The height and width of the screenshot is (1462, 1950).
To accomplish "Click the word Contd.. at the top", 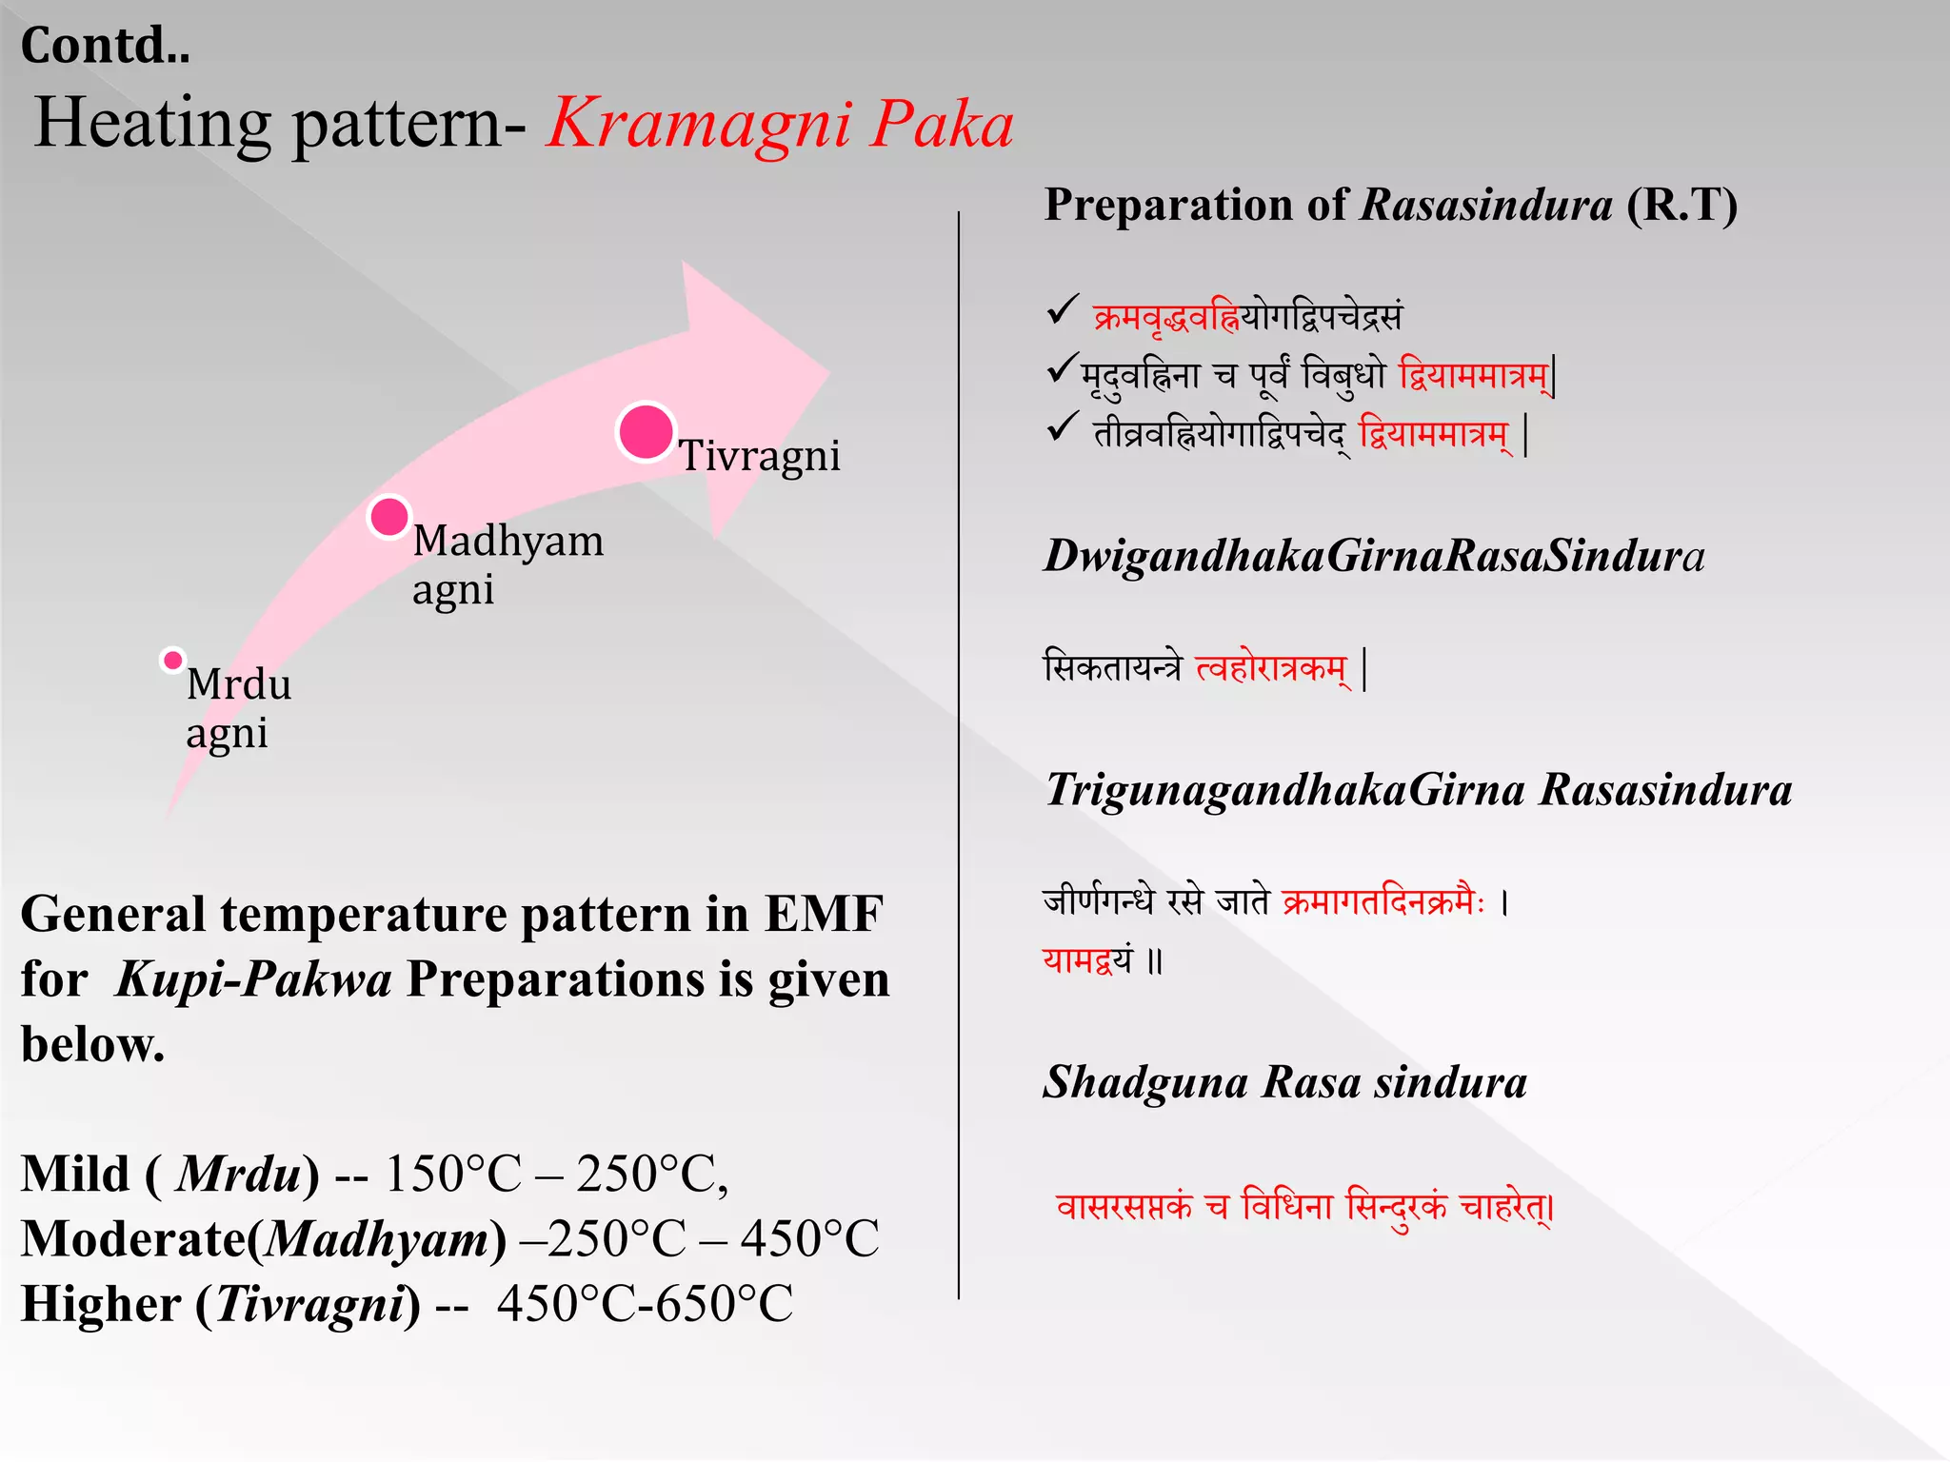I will pos(106,45).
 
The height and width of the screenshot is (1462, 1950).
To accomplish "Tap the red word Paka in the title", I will pos(943,124).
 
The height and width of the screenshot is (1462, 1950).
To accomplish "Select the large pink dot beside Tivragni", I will pos(646,432).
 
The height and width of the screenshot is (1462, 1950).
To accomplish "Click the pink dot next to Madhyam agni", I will pos(388,517).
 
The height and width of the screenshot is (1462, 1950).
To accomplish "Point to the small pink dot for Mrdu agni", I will pos(172,660).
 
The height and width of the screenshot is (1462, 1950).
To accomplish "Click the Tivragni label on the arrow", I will pos(759,455).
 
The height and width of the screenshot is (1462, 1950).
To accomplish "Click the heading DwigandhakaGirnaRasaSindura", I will pos(1373,556).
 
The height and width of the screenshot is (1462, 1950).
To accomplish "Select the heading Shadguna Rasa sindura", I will pos(1284,1082).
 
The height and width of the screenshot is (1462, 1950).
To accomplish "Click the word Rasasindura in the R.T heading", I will pos(1485,205).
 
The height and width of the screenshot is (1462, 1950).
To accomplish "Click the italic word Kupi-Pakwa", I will pos(253,979).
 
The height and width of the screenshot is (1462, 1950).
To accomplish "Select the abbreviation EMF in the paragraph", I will pos(824,915).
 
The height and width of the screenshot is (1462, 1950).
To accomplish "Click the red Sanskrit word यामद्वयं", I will pos(1087,958).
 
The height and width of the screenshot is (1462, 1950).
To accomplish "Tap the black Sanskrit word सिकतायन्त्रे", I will pos(1111,667).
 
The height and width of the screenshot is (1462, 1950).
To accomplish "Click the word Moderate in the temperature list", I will pos(133,1239).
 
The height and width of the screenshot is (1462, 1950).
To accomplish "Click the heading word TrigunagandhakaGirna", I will pos(1285,790).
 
